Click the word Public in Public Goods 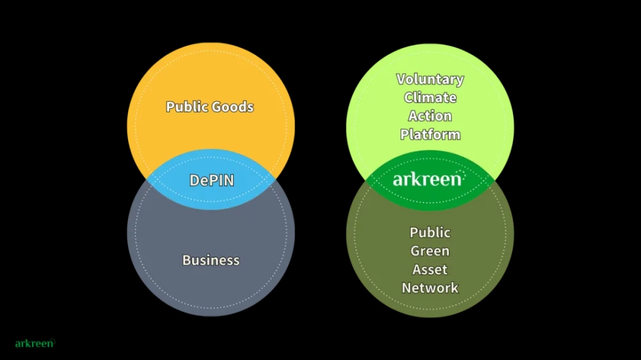pyautogui.click(x=187, y=107)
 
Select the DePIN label pyautogui.click(x=212, y=180)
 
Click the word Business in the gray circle pyautogui.click(x=211, y=260)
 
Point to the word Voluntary pyautogui.click(x=430, y=79)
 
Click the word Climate pyautogui.click(x=430, y=97)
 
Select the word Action pyautogui.click(x=430, y=116)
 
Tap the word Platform pyautogui.click(x=430, y=135)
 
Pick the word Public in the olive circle pyautogui.click(x=430, y=233)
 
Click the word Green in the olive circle pyautogui.click(x=430, y=251)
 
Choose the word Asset pyautogui.click(x=430, y=270)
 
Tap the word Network pyautogui.click(x=430, y=288)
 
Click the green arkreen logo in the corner pyautogui.click(x=35, y=343)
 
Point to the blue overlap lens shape pyautogui.click(x=211, y=179)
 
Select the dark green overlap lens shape pyautogui.click(x=430, y=180)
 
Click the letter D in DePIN pyautogui.click(x=195, y=180)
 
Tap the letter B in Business pyautogui.click(x=187, y=260)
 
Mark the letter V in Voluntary pyautogui.click(x=402, y=79)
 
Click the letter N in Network pyautogui.click(x=407, y=288)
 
